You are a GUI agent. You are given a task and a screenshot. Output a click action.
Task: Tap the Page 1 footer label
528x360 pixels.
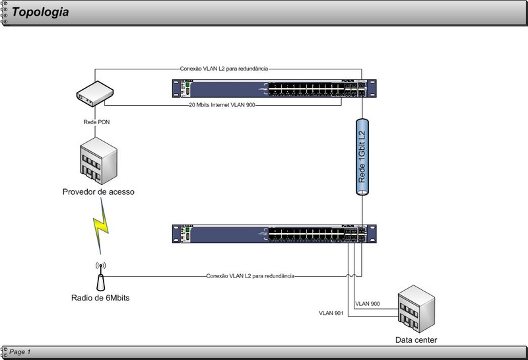click(20, 351)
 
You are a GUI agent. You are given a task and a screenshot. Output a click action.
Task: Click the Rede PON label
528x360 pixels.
click(98, 122)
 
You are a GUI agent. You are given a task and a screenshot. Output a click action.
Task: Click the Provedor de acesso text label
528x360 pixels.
click(98, 192)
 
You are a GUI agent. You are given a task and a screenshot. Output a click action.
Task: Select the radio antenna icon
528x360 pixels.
click(100, 277)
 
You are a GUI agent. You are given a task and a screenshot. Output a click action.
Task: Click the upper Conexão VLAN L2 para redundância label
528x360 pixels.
click(224, 67)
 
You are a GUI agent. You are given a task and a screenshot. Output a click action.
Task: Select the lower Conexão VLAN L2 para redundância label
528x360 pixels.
click(250, 275)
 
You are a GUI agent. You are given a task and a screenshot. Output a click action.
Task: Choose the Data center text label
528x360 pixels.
click(416, 340)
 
